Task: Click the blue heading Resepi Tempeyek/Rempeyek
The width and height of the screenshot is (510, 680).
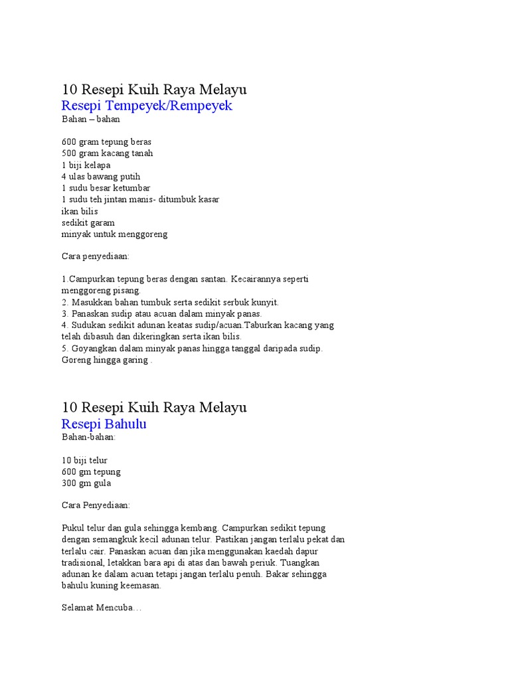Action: click(147, 106)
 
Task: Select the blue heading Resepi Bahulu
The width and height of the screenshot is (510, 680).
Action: click(104, 424)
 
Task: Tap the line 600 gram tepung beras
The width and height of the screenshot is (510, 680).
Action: click(106, 141)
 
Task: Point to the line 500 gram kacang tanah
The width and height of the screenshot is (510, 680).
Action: click(108, 153)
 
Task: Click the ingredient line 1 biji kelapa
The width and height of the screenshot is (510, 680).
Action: click(86, 165)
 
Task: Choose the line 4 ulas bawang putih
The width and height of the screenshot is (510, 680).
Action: click(101, 177)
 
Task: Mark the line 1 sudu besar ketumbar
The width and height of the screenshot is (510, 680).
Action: click(106, 188)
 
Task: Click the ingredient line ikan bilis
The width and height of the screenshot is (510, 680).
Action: click(80, 211)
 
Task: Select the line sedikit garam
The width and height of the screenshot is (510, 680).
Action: click(88, 222)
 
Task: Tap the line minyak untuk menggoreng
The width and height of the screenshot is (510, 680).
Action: click(114, 234)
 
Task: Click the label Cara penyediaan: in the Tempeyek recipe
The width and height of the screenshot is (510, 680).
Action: click(96, 256)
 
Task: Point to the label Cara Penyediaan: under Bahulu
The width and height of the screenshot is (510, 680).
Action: click(96, 505)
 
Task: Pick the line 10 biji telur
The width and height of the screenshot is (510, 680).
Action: click(84, 460)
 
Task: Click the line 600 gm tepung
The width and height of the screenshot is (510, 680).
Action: click(91, 471)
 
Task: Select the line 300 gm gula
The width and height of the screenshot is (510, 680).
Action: click(86, 483)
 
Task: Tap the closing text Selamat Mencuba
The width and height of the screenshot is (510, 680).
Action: click(101, 608)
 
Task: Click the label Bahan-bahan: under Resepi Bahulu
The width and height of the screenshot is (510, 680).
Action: click(89, 437)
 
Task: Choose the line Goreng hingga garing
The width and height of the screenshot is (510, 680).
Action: click(106, 360)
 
